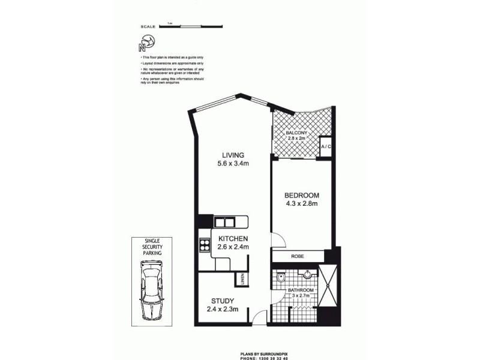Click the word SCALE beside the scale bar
point(147,27)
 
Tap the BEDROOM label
point(301,196)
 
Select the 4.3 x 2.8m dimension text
point(301,204)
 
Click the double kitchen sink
point(226,223)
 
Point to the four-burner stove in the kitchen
point(204,245)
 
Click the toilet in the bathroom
point(282,278)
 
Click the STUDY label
point(222,301)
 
